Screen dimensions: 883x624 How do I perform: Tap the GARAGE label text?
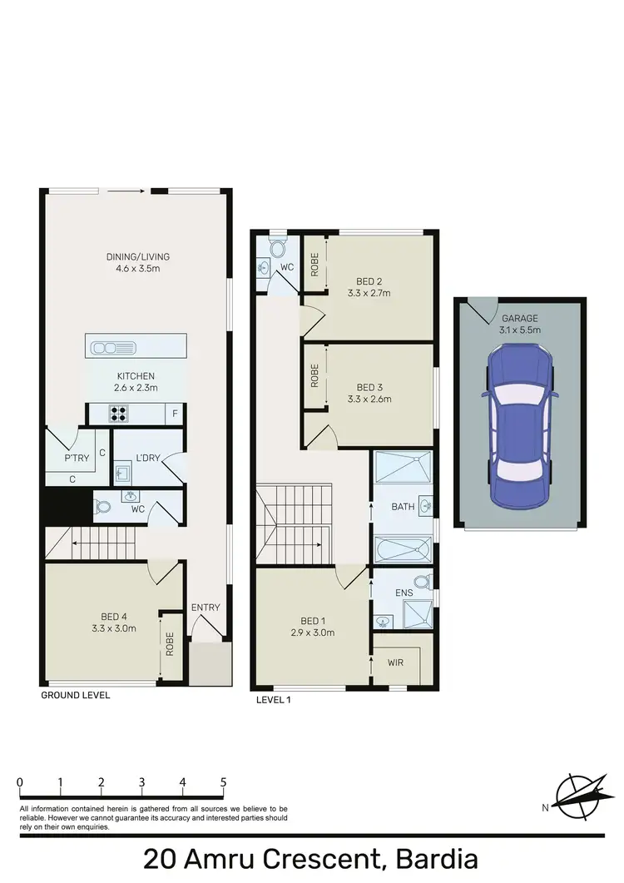click(520, 318)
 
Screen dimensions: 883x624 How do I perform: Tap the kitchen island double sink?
click(109, 346)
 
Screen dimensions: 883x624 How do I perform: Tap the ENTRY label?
click(206, 608)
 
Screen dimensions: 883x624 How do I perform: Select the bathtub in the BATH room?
click(402, 550)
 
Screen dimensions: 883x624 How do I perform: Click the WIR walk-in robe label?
click(396, 663)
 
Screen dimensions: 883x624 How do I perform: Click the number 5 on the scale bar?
click(223, 782)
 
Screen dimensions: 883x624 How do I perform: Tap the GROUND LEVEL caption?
click(75, 695)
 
